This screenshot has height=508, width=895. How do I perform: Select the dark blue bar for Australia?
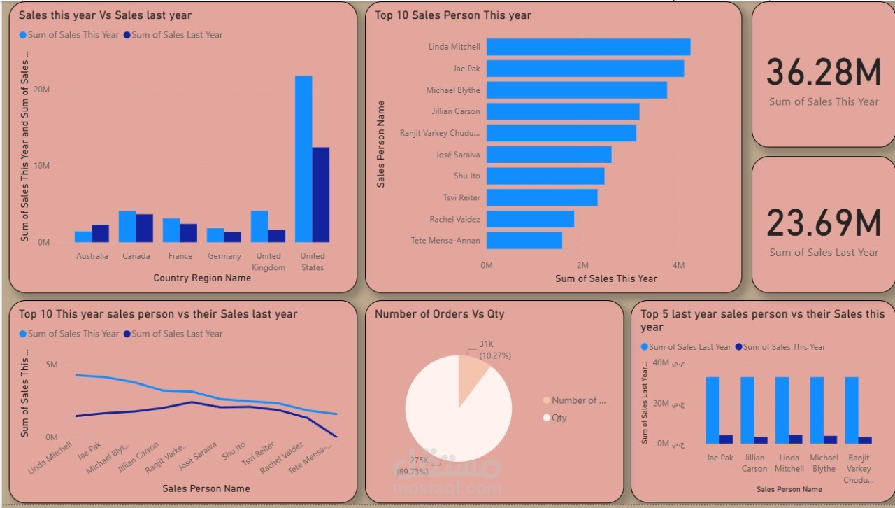[x=101, y=234]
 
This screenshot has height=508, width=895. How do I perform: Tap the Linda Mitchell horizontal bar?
[x=588, y=47]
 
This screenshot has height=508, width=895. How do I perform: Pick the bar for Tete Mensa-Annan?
[x=524, y=241]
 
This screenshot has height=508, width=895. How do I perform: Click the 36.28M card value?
[x=823, y=73]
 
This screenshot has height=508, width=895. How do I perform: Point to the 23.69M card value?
[x=823, y=223]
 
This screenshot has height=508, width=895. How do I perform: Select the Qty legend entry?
[x=559, y=418]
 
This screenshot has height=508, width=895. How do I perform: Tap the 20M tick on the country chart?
[x=41, y=90]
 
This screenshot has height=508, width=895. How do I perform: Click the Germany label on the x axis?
[x=224, y=256]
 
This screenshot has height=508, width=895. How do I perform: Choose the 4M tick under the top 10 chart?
[x=678, y=266]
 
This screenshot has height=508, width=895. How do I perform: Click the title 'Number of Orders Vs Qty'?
[x=439, y=314]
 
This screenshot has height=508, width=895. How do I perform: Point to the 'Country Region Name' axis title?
[x=202, y=278]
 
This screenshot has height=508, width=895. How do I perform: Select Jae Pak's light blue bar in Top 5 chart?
[x=713, y=410]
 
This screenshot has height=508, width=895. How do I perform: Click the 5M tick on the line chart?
[x=51, y=365]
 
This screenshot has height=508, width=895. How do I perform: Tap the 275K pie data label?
[x=420, y=460]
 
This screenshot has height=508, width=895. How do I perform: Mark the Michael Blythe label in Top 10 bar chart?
[x=453, y=90]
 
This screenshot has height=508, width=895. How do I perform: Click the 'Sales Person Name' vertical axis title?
[x=381, y=144]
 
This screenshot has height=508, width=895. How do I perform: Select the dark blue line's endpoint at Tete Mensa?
[x=336, y=437]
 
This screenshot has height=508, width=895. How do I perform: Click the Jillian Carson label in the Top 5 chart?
[x=754, y=463]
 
